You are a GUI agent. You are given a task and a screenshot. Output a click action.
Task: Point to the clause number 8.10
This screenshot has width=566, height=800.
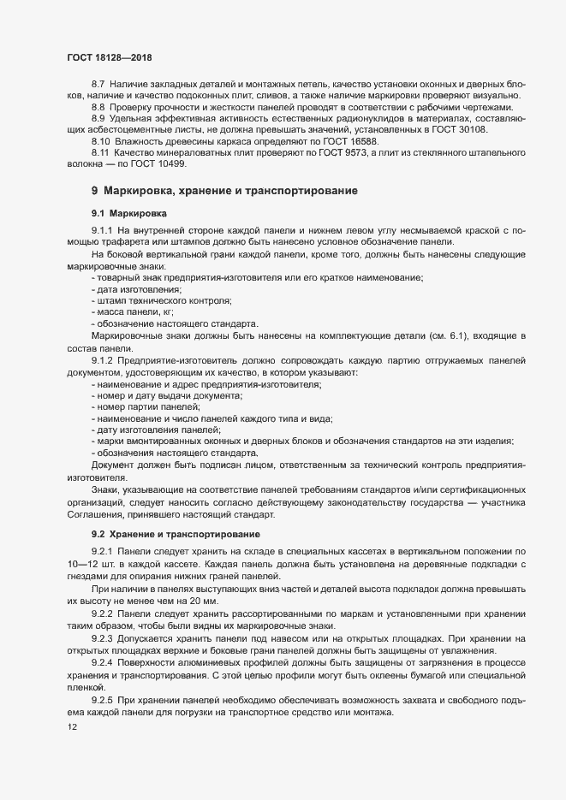click(100, 139)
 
